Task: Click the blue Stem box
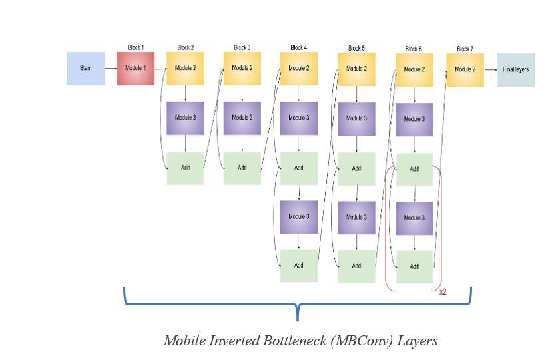pos(85,68)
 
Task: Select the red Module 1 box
pos(135,68)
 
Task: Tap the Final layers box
pos(515,69)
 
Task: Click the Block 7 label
pos(465,49)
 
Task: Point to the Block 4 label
pos(298,48)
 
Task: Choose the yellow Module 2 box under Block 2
pos(185,68)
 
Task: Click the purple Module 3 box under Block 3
pos(242,118)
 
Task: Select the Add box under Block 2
pos(185,168)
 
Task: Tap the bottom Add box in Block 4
pos(298,266)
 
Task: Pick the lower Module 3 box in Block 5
pos(356,217)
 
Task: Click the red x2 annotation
pos(443,292)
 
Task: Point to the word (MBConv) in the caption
pos(362,341)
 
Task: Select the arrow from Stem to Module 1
pos(111,68)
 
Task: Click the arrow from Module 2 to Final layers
pos(491,69)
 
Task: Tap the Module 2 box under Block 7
pos(465,69)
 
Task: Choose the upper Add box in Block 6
pos(414,169)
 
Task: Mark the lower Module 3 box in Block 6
pos(414,218)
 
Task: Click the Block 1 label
pos(135,48)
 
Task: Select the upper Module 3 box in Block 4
pos(298,118)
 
